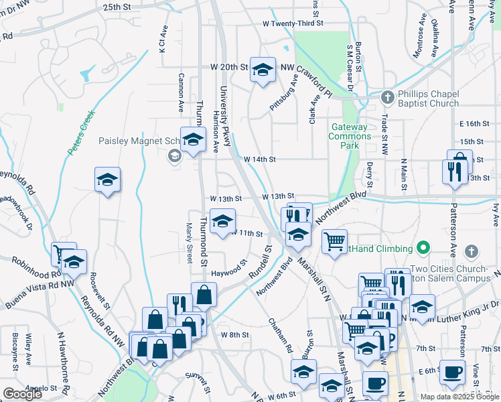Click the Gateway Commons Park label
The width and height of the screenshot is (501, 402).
point(349,136)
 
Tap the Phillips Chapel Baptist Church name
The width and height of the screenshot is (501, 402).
point(427,98)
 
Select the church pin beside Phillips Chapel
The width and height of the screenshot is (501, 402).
point(386,98)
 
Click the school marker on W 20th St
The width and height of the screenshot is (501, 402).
point(263,69)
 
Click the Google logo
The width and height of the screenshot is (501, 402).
point(22,394)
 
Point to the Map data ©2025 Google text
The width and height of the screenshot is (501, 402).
point(459,397)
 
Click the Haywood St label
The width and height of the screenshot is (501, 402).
point(229,271)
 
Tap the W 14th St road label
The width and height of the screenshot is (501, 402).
point(260,159)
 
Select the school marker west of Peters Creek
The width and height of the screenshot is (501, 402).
point(107,180)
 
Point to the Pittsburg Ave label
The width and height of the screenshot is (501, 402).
point(283,93)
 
